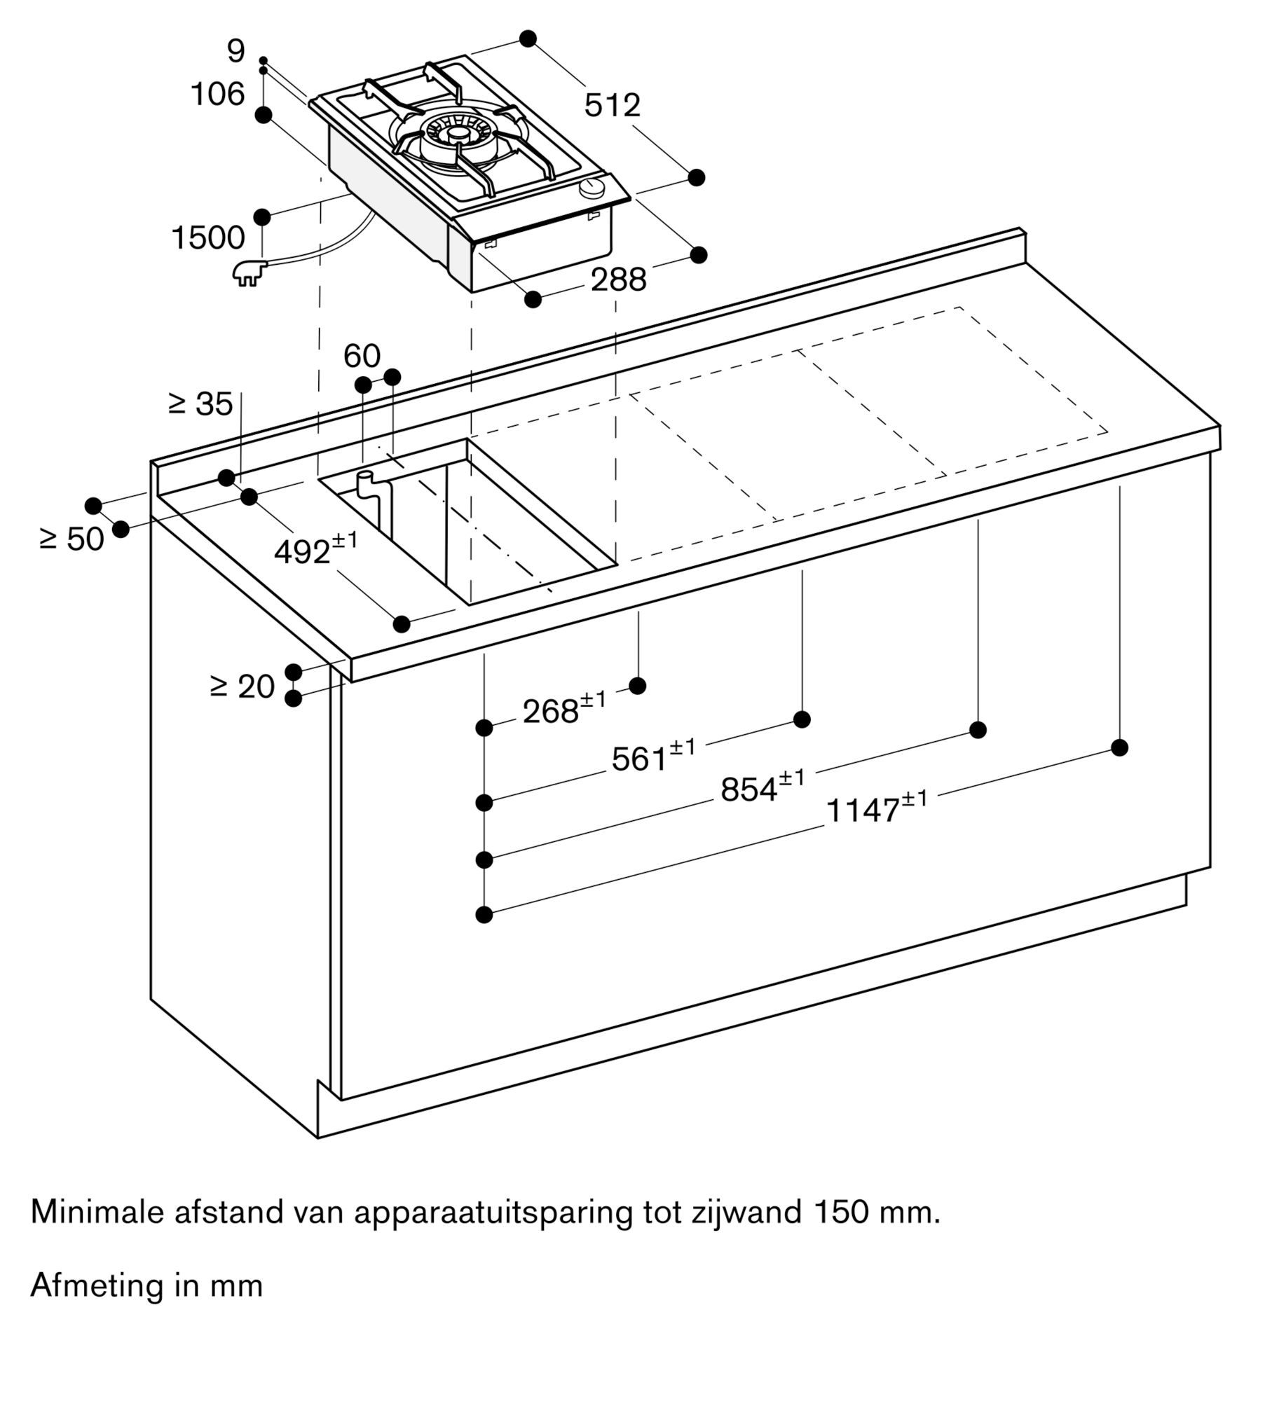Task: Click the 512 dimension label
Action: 612,106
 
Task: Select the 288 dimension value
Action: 618,280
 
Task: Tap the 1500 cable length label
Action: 208,238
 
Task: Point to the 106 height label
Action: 218,94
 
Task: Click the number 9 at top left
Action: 236,52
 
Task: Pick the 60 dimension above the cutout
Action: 362,357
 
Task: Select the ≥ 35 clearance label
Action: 201,404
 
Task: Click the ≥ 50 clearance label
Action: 72,539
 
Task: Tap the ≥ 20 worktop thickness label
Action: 242,686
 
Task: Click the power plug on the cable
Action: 247,272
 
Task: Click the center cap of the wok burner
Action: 459,134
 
